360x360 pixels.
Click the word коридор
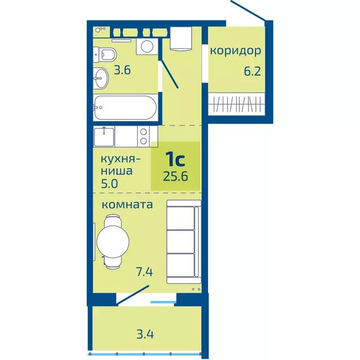[x=235, y=51]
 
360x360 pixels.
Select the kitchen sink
[x=104, y=137]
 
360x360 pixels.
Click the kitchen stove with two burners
[x=142, y=136]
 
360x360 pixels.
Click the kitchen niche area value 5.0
[x=108, y=183]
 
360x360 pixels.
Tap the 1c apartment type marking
[x=175, y=160]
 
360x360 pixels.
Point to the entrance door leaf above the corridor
[x=248, y=10]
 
